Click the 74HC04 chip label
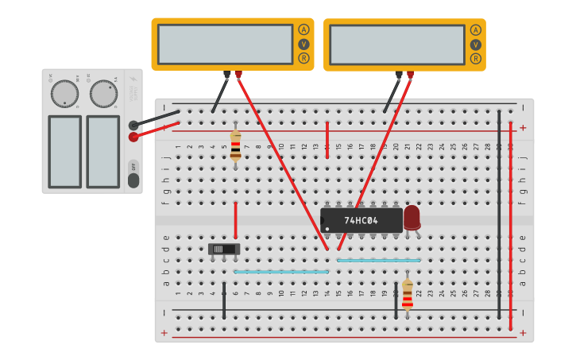coord(361,220)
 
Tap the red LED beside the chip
coord(412,218)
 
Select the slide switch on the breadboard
coord(224,249)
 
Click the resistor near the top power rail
coord(235,145)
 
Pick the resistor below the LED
coord(408,293)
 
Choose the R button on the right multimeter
coord(475,58)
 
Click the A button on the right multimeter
coord(475,30)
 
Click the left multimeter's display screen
coord(225,44)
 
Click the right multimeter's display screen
coord(396,45)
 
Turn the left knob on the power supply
coord(64,94)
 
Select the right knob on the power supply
coord(102,94)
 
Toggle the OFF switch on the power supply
coord(133,175)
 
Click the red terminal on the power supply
coord(133,137)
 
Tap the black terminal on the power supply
coord(133,125)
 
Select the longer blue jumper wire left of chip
coord(281,272)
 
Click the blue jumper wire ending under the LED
coord(378,260)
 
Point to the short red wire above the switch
coord(235,219)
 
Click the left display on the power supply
coord(64,152)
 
